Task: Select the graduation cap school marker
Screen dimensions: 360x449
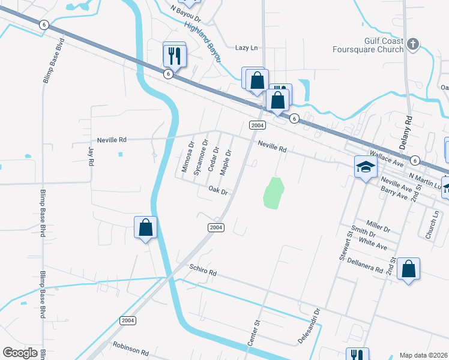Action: tap(365, 167)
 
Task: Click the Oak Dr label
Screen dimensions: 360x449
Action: tap(218, 191)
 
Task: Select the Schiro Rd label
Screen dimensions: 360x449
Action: tap(202, 271)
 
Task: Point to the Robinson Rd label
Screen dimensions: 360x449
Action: tap(130, 347)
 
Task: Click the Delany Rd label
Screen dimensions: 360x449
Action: tap(408, 128)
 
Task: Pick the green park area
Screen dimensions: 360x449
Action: tap(273, 193)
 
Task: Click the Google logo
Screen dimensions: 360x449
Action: tap(20, 353)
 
